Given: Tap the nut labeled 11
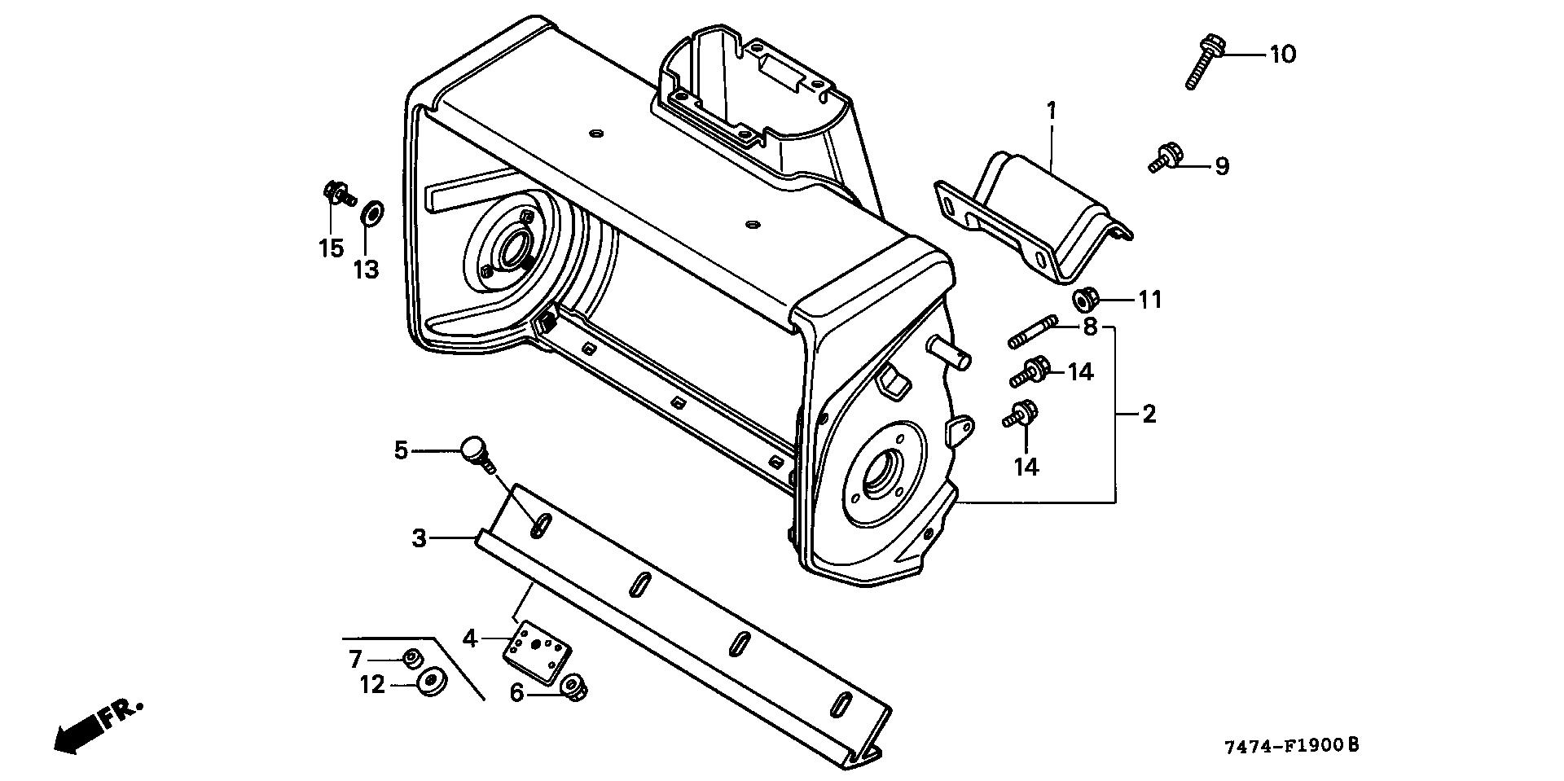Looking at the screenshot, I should pos(1085,300).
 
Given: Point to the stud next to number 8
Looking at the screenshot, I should pos(1033,333).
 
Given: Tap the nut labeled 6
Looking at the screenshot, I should pos(575,689).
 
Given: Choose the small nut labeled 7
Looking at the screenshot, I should pos(411,657).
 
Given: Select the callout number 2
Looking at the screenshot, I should pos(1149,415).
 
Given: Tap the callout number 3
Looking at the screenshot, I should pos(419,538).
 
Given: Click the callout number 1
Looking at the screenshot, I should pos(1051,110).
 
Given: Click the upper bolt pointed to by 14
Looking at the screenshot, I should pos(1030,372).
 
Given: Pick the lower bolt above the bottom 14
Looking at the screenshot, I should pos(1021,415).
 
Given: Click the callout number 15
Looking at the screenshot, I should pos(331,248).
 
